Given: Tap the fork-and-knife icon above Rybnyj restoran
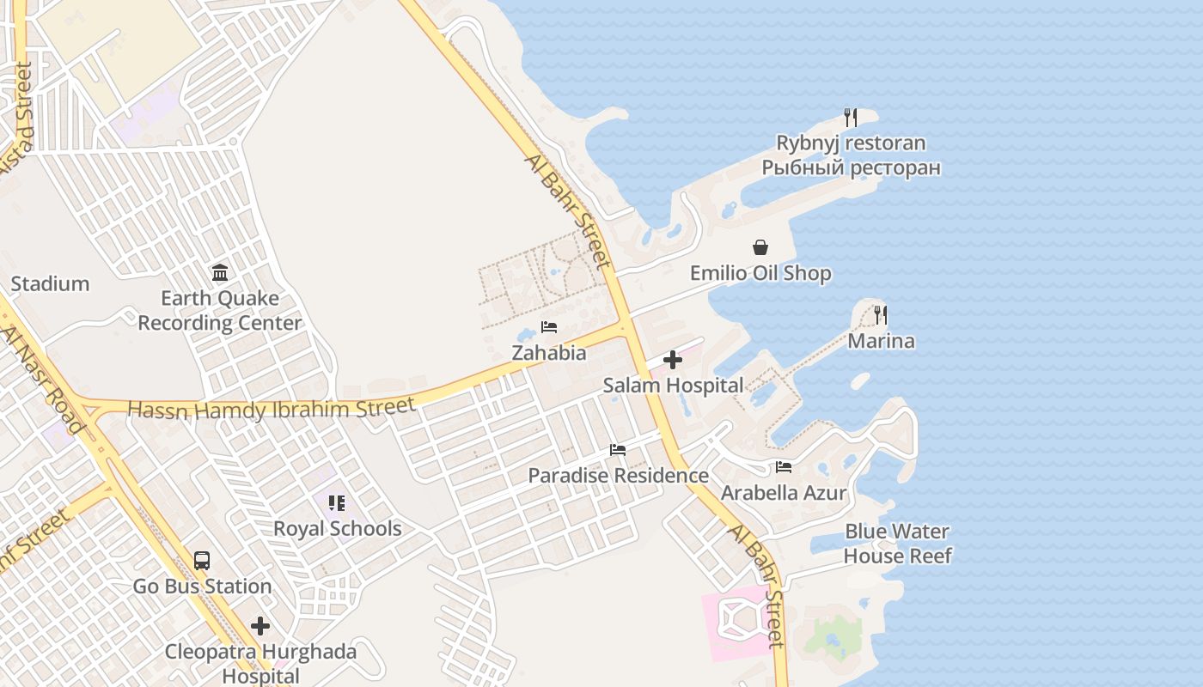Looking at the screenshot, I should click(x=851, y=117).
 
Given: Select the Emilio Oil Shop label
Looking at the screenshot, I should click(x=760, y=274).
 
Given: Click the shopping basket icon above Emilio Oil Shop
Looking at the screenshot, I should click(x=760, y=248).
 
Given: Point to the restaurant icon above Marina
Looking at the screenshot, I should click(x=881, y=315).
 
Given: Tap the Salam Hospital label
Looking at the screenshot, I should click(x=673, y=386).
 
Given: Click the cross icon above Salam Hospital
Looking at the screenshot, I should click(x=673, y=360).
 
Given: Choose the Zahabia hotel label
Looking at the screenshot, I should click(x=549, y=353).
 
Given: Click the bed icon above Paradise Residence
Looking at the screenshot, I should click(x=618, y=450).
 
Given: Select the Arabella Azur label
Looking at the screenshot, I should click(x=784, y=493).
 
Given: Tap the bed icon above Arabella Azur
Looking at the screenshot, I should click(x=784, y=468).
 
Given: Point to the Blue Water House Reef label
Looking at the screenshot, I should click(x=897, y=544).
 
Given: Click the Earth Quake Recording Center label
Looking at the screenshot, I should click(x=220, y=311).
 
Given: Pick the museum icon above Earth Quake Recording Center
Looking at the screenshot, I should click(x=220, y=273).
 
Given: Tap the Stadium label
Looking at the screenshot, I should click(x=50, y=284).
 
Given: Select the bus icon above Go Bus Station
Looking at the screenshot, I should click(x=202, y=561).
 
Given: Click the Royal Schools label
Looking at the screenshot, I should click(x=338, y=529).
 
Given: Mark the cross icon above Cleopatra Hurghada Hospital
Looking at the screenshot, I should click(x=260, y=626).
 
